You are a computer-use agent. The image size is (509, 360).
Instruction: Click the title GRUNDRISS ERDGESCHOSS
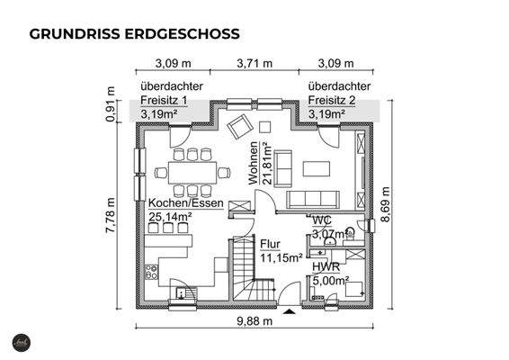134,34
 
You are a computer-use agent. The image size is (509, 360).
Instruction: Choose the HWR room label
325,267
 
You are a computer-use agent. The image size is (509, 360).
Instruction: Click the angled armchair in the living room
240,126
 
